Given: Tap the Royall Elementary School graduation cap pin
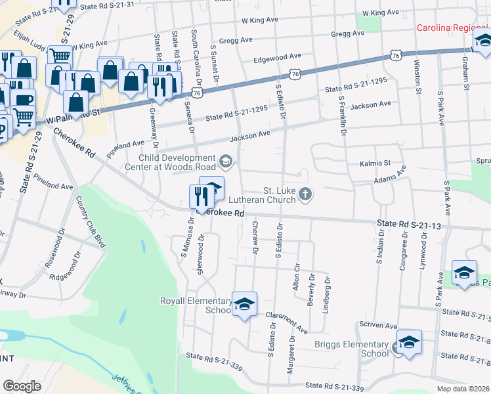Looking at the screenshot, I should (244, 304).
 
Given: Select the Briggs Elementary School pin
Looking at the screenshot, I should (409, 342).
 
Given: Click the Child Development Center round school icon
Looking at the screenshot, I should (225, 160).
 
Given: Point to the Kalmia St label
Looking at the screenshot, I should (375, 162).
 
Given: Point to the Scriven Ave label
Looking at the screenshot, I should (377, 326).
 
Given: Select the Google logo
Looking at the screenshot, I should (22, 386).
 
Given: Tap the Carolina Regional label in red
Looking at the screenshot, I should (454, 28).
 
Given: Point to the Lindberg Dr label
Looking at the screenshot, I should (326, 294).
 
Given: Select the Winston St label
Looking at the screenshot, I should (417, 77).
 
